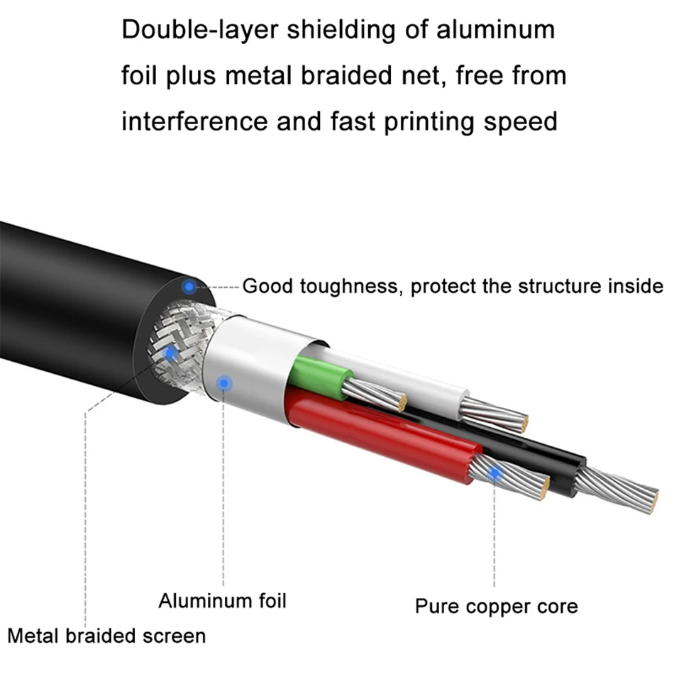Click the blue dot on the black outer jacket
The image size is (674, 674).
(x=189, y=287)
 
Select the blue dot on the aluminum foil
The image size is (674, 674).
(x=226, y=383)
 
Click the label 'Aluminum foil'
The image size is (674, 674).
(x=222, y=601)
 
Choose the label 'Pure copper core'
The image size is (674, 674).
(x=496, y=607)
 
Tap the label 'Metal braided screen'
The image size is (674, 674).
(x=106, y=635)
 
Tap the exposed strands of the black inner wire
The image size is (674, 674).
(x=624, y=490)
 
